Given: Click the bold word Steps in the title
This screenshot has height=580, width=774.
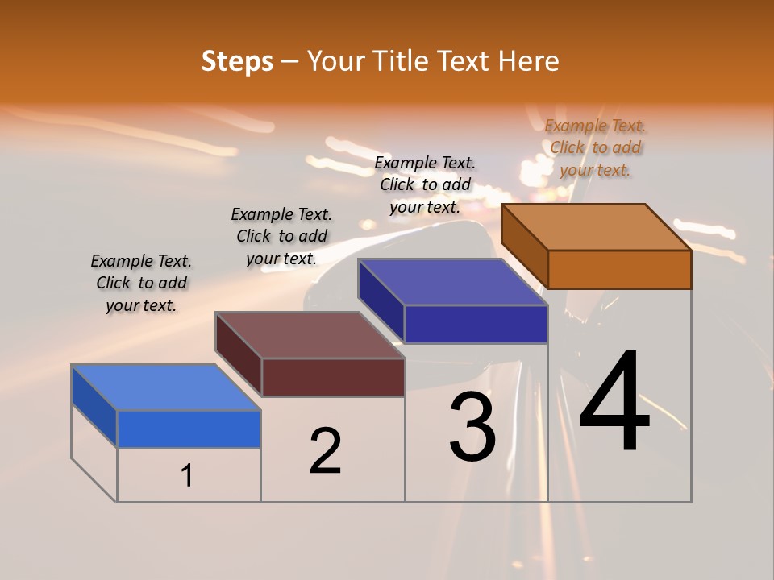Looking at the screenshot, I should click(x=237, y=62).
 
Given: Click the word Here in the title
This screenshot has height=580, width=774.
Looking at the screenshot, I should click(x=529, y=62).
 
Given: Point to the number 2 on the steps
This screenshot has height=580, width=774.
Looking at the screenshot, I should click(x=325, y=451).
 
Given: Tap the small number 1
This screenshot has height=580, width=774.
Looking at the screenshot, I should click(x=187, y=476).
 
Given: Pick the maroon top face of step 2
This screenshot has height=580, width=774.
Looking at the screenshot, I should click(x=310, y=335).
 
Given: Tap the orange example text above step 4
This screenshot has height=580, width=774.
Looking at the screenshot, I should click(x=595, y=147).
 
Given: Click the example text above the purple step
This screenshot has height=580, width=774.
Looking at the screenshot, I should click(x=425, y=184).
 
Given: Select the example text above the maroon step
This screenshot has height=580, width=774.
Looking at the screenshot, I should click(x=281, y=236).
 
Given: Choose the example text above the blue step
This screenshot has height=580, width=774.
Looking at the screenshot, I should click(x=141, y=283).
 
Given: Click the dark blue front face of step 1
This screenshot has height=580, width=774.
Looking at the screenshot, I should click(x=189, y=429).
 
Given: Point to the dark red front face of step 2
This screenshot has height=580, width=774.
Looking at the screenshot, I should click(x=333, y=377).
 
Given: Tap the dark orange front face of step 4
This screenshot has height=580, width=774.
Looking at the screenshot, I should click(x=619, y=269).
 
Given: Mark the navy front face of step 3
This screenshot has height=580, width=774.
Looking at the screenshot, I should click(x=476, y=324).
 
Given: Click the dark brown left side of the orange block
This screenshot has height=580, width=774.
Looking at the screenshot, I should click(x=525, y=245).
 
